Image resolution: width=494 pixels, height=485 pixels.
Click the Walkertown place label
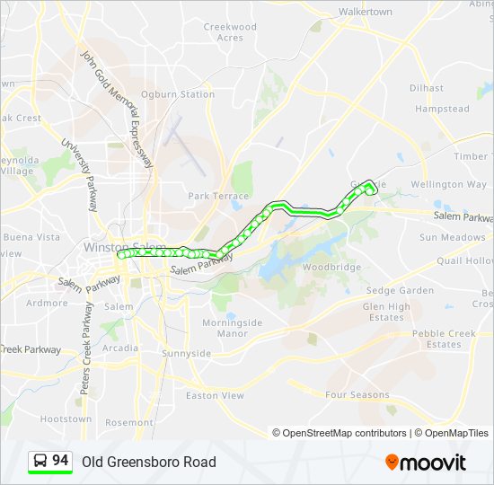(366, 12)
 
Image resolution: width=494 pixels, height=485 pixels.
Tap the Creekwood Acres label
(229, 32)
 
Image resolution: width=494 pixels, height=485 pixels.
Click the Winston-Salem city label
(123, 246)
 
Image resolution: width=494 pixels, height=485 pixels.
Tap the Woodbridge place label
(331, 268)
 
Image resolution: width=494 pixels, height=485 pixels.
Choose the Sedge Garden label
(400, 290)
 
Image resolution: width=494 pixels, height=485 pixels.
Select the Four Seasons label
(357, 395)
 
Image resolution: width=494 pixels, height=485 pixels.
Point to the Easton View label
(215, 395)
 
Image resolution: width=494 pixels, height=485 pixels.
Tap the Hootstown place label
(66, 419)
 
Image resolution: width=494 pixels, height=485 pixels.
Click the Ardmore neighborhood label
(47, 304)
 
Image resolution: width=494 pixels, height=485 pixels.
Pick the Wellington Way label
(448, 184)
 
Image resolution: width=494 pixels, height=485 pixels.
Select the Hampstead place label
(442, 109)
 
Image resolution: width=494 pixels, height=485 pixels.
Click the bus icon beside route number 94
(40, 462)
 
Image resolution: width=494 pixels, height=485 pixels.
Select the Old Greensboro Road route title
(149, 462)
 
